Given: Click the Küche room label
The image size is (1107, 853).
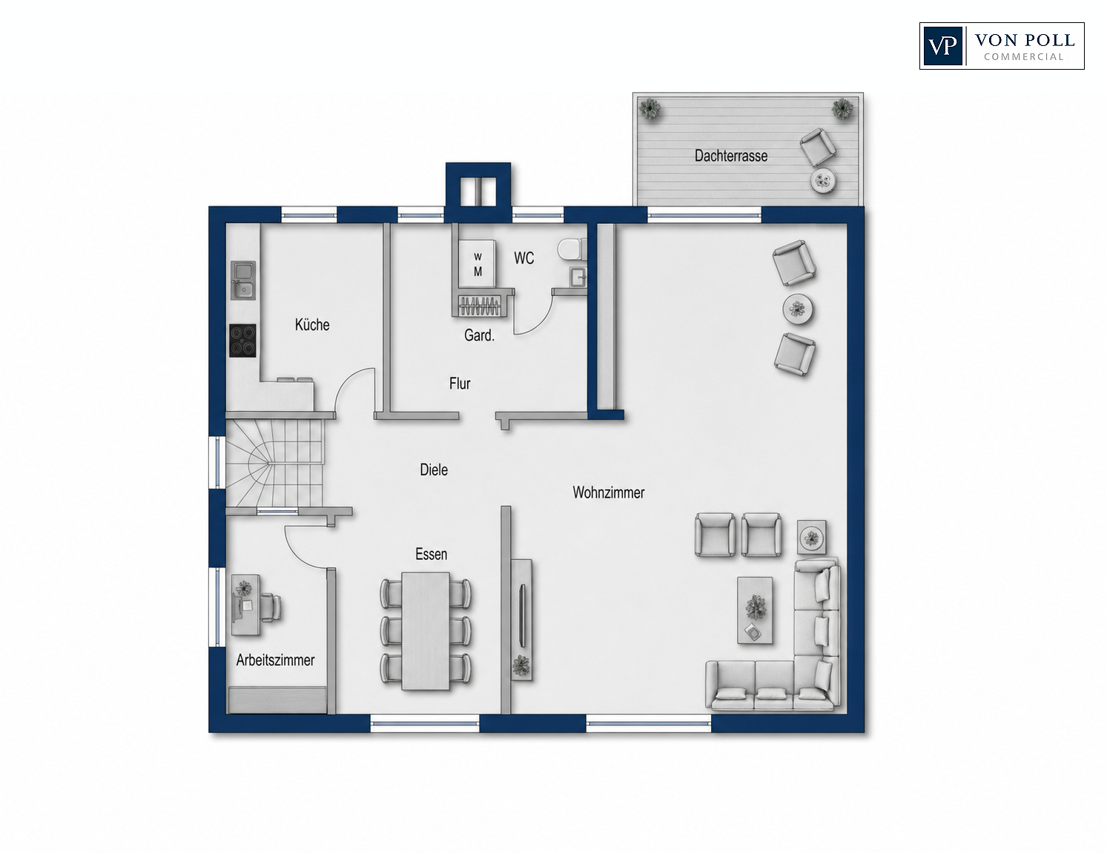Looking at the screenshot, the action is [311, 325].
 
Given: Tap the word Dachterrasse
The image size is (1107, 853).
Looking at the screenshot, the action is [730, 156].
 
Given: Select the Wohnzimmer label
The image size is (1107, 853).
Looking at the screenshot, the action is [608, 493].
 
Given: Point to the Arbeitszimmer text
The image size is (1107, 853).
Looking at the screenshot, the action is [275, 660].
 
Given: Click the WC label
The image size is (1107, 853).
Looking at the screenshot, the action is [523, 258].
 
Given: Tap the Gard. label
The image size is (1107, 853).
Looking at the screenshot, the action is [479, 335].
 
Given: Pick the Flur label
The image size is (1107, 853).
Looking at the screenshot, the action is [460, 383].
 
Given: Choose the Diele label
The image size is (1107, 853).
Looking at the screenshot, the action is [434, 470].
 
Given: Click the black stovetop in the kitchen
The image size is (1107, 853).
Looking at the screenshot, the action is [242, 340].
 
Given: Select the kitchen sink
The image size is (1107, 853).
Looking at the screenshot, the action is [243, 280].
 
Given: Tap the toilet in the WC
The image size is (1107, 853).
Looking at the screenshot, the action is [572, 250].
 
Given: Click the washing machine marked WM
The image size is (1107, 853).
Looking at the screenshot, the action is [477, 264].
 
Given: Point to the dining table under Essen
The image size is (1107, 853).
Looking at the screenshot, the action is [426, 630].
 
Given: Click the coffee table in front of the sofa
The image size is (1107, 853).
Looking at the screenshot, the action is [755, 610].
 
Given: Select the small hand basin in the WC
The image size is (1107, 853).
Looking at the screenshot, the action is [578, 277].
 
